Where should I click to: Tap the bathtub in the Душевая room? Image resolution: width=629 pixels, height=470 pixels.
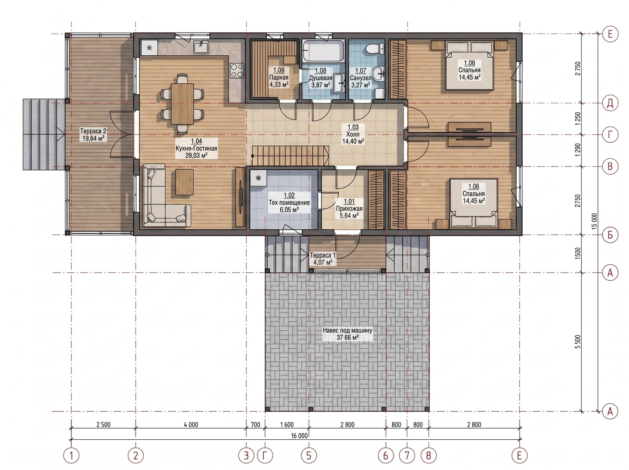point(323,51)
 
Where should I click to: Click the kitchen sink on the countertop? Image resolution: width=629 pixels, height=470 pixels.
point(201,47)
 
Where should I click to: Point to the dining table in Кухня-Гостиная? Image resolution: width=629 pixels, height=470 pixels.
point(182,104)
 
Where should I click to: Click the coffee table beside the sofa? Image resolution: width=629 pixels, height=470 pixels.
point(184,182)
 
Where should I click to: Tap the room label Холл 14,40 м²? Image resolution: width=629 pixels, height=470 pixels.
point(353,134)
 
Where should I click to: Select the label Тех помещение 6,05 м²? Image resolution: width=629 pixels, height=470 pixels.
point(289,202)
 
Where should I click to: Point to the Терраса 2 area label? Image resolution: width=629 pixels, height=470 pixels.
point(93,135)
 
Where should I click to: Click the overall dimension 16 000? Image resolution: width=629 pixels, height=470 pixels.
point(299,436)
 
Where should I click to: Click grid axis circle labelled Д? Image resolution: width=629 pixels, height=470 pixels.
point(610,103)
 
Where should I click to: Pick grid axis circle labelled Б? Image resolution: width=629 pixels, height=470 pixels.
point(610,235)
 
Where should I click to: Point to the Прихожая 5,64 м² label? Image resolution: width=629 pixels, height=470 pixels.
point(349,209)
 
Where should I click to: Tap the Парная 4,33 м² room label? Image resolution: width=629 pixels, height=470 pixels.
point(279,77)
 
